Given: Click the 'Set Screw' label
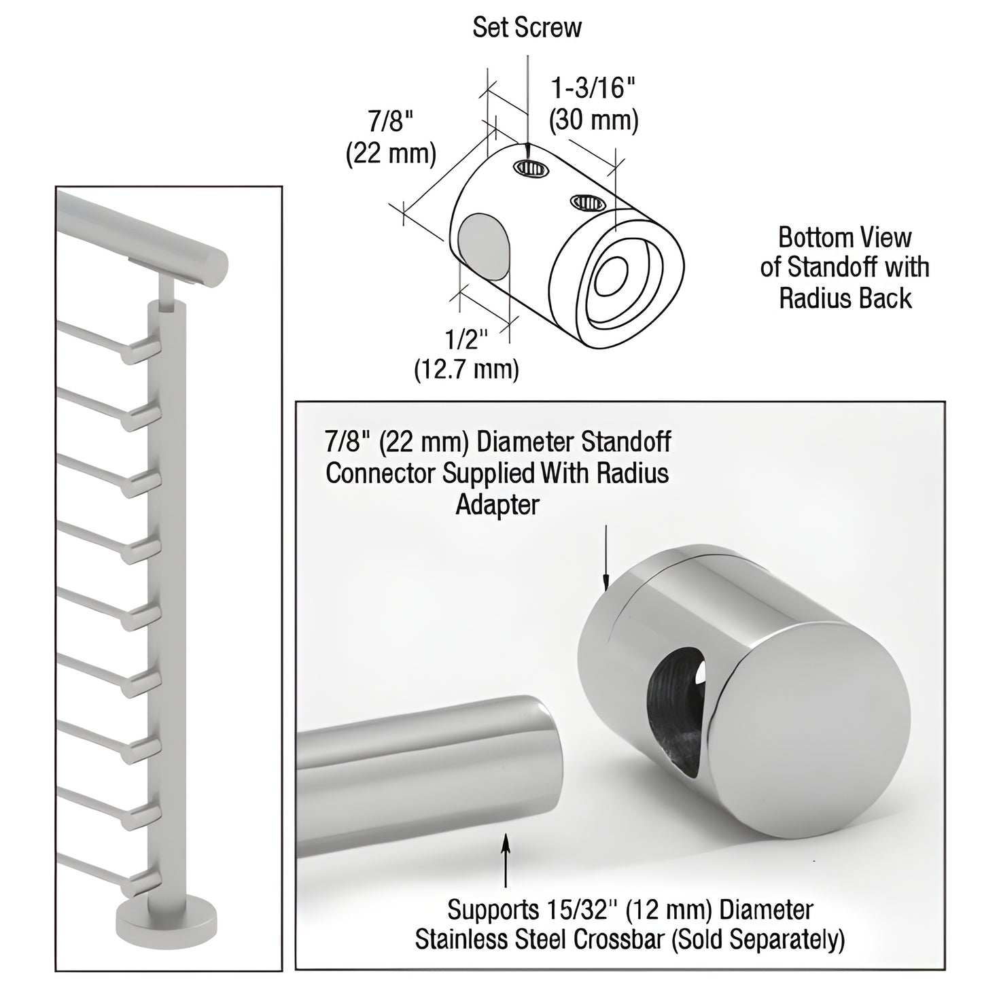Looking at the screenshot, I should [527, 27].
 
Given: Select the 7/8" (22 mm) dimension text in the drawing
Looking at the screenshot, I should [391, 138].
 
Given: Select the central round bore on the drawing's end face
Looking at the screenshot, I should [614, 278].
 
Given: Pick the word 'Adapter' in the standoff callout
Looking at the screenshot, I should [497, 505].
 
